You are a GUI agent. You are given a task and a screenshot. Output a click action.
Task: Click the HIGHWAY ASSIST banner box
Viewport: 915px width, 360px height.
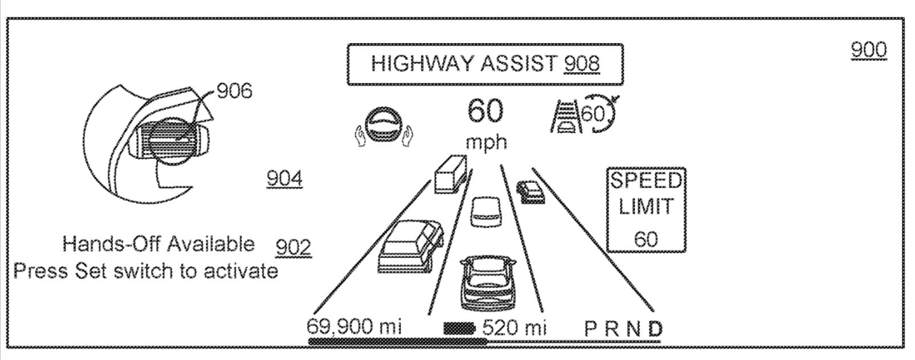tap(484, 64)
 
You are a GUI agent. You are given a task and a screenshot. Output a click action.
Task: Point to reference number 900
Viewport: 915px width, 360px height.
tap(868, 50)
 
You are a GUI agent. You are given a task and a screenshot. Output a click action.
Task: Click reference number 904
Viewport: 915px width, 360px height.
tap(284, 179)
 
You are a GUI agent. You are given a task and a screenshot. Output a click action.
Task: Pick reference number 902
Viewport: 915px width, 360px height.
tap(293, 247)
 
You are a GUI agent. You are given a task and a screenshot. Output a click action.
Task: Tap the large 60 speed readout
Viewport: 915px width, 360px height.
tap(485, 111)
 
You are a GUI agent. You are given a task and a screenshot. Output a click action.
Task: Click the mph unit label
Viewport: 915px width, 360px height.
tap(486, 142)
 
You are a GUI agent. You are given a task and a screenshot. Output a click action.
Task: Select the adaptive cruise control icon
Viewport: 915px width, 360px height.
tap(582, 116)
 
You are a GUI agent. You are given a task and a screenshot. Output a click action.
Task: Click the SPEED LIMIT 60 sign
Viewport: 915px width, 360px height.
tap(646, 210)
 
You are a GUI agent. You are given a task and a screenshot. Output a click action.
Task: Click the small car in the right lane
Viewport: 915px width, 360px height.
tap(530, 191)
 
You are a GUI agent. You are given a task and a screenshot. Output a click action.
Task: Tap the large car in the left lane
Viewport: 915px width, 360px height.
tap(410, 246)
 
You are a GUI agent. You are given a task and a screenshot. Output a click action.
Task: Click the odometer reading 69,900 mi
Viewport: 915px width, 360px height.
tap(354, 327)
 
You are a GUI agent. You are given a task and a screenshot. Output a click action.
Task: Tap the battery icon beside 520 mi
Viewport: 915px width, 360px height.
tap(459, 328)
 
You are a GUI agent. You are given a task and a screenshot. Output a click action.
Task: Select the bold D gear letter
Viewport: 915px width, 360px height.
tap(655, 329)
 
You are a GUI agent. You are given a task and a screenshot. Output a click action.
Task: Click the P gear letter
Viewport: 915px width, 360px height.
tap(591, 329)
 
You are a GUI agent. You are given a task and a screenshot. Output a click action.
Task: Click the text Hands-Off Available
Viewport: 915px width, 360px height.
tap(158, 244)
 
